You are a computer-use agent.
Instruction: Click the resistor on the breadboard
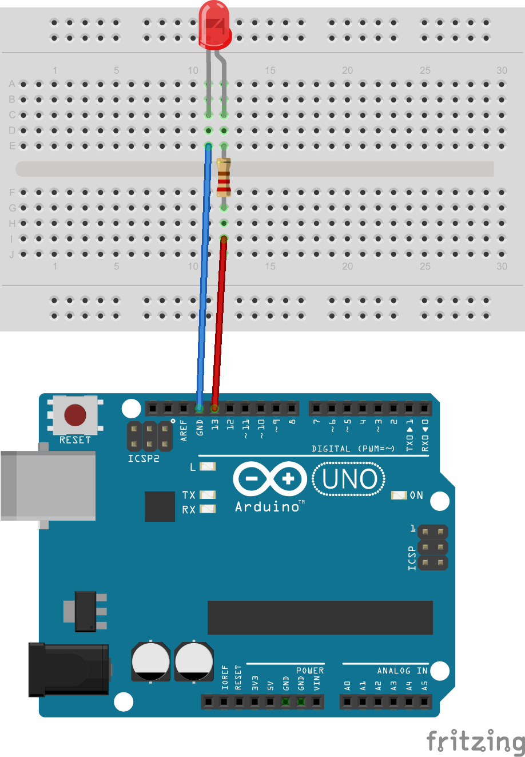[x=224, y=177]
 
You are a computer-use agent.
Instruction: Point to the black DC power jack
[x=69, y=669]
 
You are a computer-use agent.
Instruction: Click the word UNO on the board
[x=349, y=479]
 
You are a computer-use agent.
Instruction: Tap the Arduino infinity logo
[x=270, y=479]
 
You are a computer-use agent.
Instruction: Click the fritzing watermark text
[x=475, y=742]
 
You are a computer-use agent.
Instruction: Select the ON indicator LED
[x=399, y=495]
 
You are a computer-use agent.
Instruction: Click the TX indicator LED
[x=208, y=495]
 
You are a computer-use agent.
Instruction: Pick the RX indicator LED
[x=208, y=509]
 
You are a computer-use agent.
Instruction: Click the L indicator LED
[x=208, y=467]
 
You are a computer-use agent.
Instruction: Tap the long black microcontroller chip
[x=320, y=617]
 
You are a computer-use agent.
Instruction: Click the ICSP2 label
[x=143, y=458]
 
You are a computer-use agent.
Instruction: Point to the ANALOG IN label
[x=402, y=671]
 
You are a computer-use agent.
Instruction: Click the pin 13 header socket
[x=214, y=409]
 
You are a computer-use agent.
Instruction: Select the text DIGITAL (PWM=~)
[x=353, y=449]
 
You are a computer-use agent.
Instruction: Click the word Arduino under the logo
[x=267, y=507]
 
